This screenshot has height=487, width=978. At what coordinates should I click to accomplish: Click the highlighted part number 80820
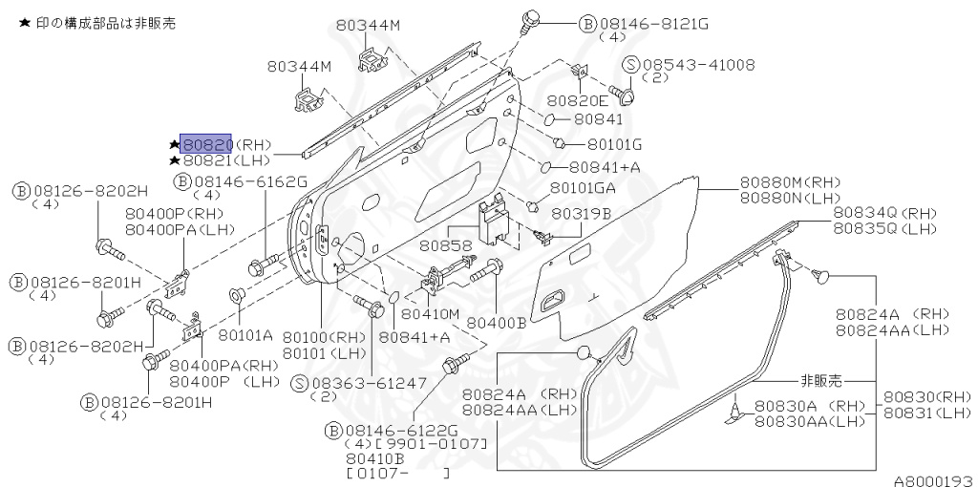pos(206,144)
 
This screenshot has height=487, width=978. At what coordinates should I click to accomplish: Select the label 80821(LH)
pos(226,160)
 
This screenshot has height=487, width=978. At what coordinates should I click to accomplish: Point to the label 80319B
pos(581,214)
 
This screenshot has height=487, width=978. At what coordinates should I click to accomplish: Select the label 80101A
pos(245,335)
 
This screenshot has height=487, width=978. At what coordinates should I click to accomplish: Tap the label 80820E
pos(577,100)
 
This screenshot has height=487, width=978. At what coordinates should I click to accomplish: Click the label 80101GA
pos(583,187)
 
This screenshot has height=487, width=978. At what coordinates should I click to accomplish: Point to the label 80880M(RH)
pos(790,182)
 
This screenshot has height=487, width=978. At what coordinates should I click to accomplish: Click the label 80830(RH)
pos(926,396)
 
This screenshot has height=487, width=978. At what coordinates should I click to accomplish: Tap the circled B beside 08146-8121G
pos(588,23)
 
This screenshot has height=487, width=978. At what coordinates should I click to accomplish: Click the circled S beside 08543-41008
pos(631,65)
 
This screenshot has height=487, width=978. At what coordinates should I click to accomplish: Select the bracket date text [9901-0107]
pos(431,445)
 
